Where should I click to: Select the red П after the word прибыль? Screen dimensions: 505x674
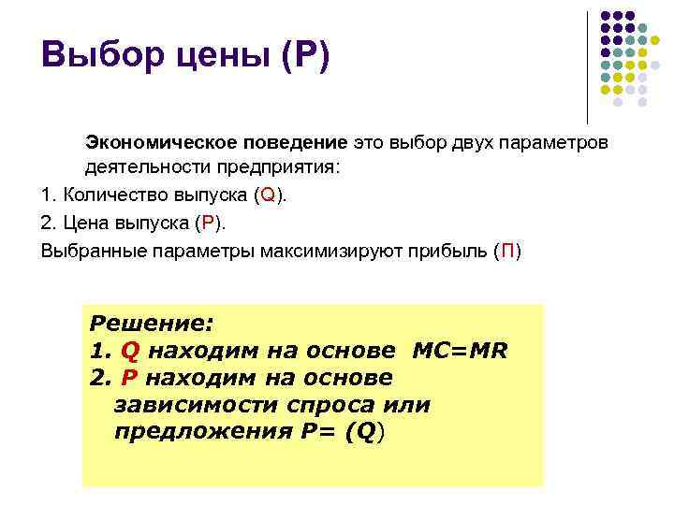(x=506, y=252)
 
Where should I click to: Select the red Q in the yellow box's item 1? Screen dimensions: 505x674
(x=131, y=352)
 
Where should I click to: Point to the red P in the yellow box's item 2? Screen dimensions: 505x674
(x=130, y=379)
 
